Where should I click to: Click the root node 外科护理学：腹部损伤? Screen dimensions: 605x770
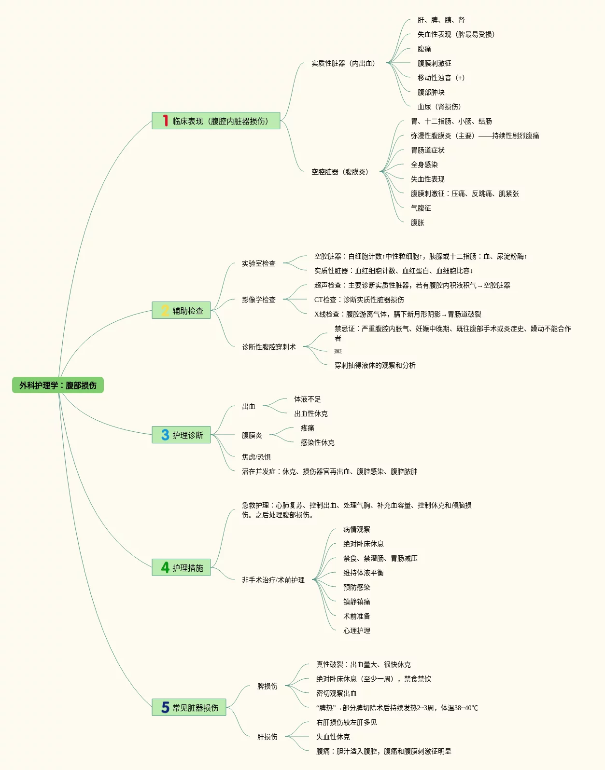pos(58,385)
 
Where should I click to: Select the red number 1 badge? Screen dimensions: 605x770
pos(165,121)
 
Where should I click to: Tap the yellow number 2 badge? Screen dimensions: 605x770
pos(165,311)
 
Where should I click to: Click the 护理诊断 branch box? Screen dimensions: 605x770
pos(182,435)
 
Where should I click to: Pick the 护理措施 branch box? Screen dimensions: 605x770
pos(182,568)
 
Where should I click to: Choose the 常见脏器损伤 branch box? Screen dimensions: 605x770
pos(189,708)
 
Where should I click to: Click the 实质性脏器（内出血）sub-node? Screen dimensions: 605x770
pos(343,63)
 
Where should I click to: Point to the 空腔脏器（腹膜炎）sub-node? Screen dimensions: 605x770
pos(340,172)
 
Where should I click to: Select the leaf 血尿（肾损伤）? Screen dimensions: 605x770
pos(439,107)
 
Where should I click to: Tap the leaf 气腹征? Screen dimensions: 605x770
pos(421,208)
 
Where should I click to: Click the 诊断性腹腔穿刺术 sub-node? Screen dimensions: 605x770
pos(269,347)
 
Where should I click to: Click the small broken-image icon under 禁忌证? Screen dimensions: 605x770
pos(338,352)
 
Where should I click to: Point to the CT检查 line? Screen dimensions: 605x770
pos(359,300)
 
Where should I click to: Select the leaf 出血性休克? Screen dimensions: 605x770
pos(310,413)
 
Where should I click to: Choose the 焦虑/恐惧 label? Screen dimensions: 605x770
pos(256,457)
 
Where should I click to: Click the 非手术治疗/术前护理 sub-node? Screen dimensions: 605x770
pos(273,580)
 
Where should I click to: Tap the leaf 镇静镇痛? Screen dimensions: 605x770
pos(357,602)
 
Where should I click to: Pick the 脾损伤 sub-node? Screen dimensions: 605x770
pos(267,686)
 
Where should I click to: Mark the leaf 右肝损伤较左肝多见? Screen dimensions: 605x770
pos(346,722)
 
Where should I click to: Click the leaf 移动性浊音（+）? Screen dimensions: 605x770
pos(441,78)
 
